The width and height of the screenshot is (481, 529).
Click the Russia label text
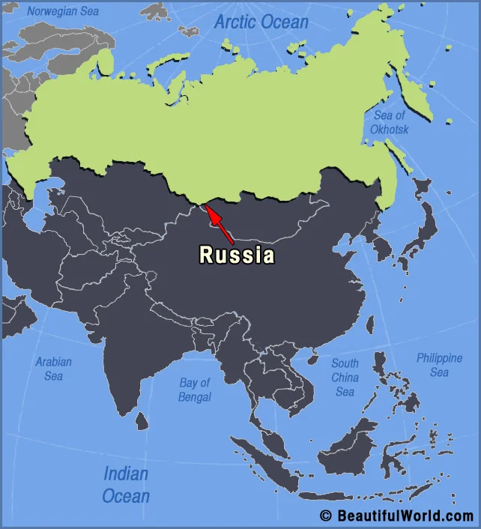tap(237, 256)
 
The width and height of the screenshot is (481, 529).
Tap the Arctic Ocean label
tap(261, 22)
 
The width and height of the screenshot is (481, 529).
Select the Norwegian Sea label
tap(63, 11)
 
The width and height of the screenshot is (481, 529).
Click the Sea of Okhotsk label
tap(389, 122)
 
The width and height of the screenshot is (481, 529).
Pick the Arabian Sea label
tap(53, 369)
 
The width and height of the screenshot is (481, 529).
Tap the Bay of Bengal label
tap(195, 390)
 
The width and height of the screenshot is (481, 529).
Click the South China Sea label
tap(345, 377)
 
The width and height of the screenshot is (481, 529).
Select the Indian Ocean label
tap(126, 484)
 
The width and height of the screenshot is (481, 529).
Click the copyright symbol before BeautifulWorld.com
tap(325, 516)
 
